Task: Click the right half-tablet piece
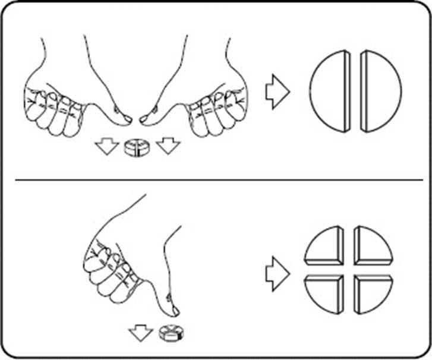(381, 91)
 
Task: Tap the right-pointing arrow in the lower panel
(277, 273)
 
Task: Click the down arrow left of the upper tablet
(108, 146)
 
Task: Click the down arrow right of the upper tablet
(168, 146)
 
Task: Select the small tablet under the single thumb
(171, 334)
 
